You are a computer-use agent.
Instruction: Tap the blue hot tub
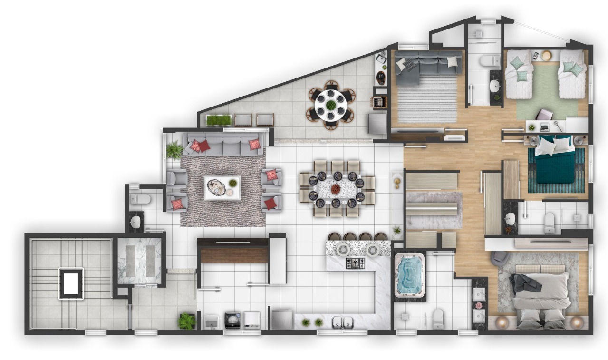(x=409, y=276)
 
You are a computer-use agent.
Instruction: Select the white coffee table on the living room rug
(x=222, y=188)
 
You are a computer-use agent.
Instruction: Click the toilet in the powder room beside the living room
(x=139, y=198)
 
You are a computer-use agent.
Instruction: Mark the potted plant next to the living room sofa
(x=174, y=150)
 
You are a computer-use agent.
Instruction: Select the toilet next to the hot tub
(x=438, y=318)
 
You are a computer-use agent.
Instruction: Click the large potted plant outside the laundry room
(x=186, y=321)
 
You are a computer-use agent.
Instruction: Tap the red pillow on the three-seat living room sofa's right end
(x=254, y=144)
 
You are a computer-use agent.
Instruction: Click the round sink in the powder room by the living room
(x=136, y=222)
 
